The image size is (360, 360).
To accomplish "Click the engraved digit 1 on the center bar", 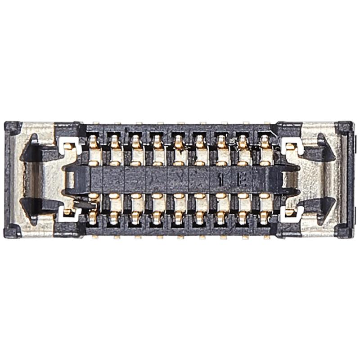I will pyautogui.click(x=220, y=180).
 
